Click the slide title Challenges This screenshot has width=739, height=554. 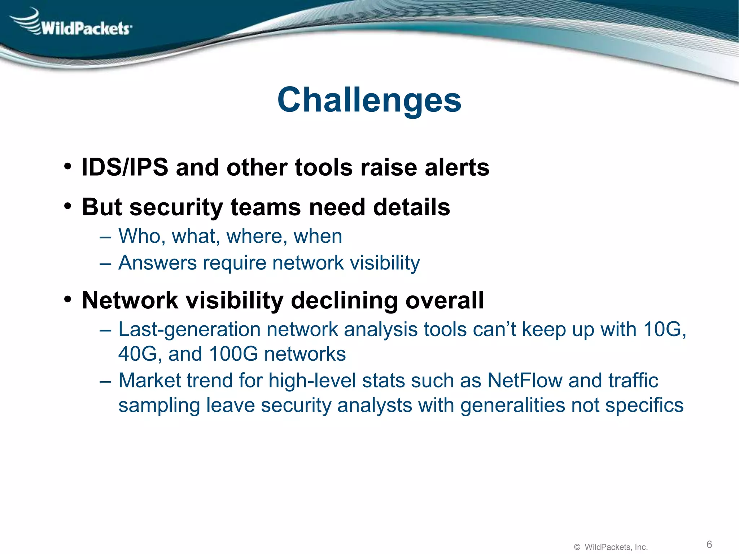click(369, 100)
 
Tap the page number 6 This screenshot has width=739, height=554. click(709, 544)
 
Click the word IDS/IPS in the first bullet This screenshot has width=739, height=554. click(125, 168)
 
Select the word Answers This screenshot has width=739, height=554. click(157, 263)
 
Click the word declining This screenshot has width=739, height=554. click(345, 300)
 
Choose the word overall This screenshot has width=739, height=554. click(444, 300)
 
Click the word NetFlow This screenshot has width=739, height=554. click(525, 381)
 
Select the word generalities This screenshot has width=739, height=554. click(512, 405)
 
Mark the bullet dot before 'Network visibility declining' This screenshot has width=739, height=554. click(67, 300)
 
